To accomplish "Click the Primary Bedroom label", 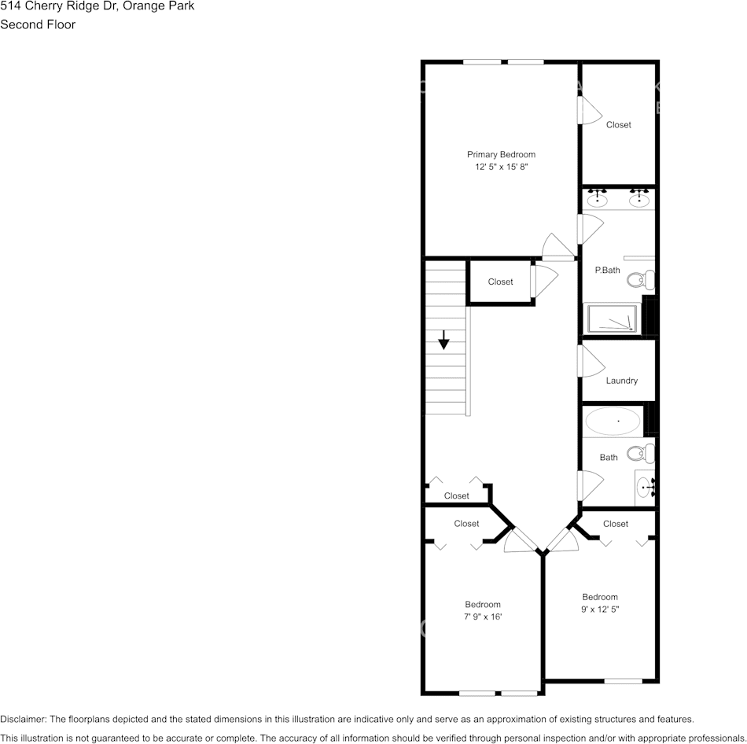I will pos(501,155).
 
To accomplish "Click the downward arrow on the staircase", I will pos(444,341).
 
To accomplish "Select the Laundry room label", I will pos(621,381).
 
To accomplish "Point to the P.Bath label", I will pos(607,271).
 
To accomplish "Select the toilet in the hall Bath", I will pos(644,453).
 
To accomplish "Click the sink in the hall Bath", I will pos(645,488).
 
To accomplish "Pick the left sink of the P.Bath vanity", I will pos(598,200).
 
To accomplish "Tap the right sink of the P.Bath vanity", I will pos(639,200).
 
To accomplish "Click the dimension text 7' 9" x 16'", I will pos(483,617).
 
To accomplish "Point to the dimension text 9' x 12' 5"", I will pos(600,609).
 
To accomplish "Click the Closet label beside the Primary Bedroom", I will pos(618,125).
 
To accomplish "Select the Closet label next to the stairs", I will pos(500,282).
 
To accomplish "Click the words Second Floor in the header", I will pos(38,24).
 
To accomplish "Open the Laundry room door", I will pos(590,361).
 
